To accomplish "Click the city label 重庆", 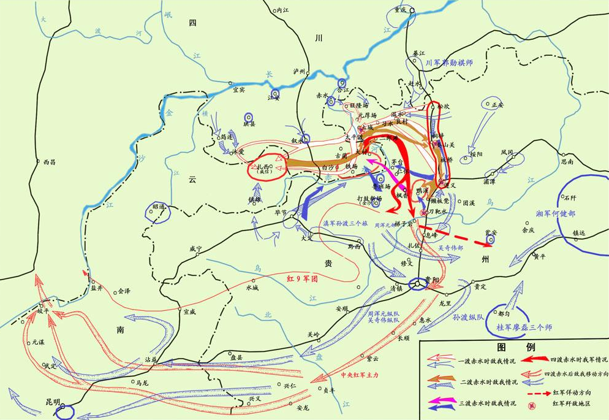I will coord(400,10).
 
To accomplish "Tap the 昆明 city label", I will coord(53,402).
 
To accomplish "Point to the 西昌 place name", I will coord(49,162).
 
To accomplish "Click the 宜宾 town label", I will coord(239,89).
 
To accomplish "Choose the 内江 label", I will coord(282,10).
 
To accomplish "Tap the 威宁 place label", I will coord(195,248).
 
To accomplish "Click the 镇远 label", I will coord(579,233).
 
